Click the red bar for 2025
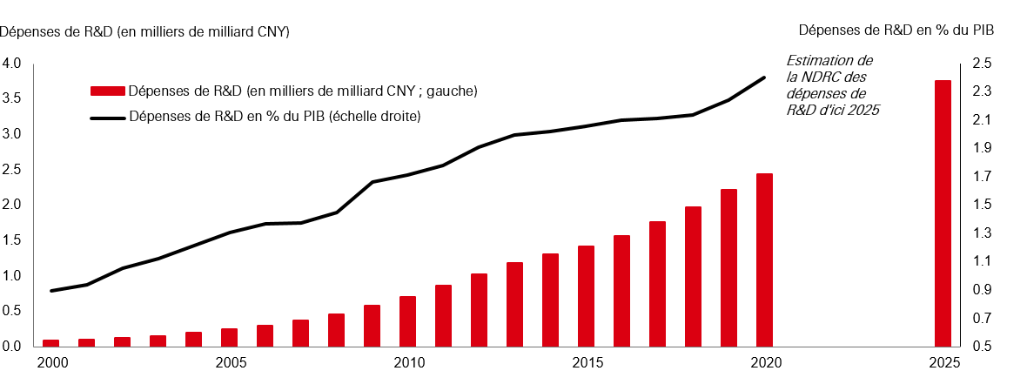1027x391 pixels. coord(943,213)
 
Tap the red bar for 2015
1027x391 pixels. coord(586,296)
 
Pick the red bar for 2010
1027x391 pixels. coord(407,321)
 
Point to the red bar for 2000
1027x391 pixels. coord(50,343)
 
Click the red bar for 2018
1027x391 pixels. coord(693,276)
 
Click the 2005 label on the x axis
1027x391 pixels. coord(229,361)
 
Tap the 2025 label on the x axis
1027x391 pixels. coord(943,361)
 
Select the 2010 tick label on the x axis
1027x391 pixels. coord(407,361)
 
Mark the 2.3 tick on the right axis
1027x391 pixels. coord(982,91)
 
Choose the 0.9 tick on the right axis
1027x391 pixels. coord(982,290)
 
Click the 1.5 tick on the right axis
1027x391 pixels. coord(982,205)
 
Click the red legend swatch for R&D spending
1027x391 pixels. coord(107,91)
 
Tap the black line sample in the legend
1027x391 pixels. coord(107,116)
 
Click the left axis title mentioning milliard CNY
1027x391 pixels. coord(144,31)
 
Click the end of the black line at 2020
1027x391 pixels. coord(764,78)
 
